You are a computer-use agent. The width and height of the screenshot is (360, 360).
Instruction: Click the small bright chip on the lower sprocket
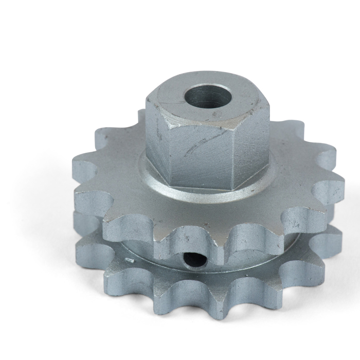pyautogui.click(x=130, y=261)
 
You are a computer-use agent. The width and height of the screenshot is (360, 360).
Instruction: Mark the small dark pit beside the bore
pyautogui.click(x=220, y=110)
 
